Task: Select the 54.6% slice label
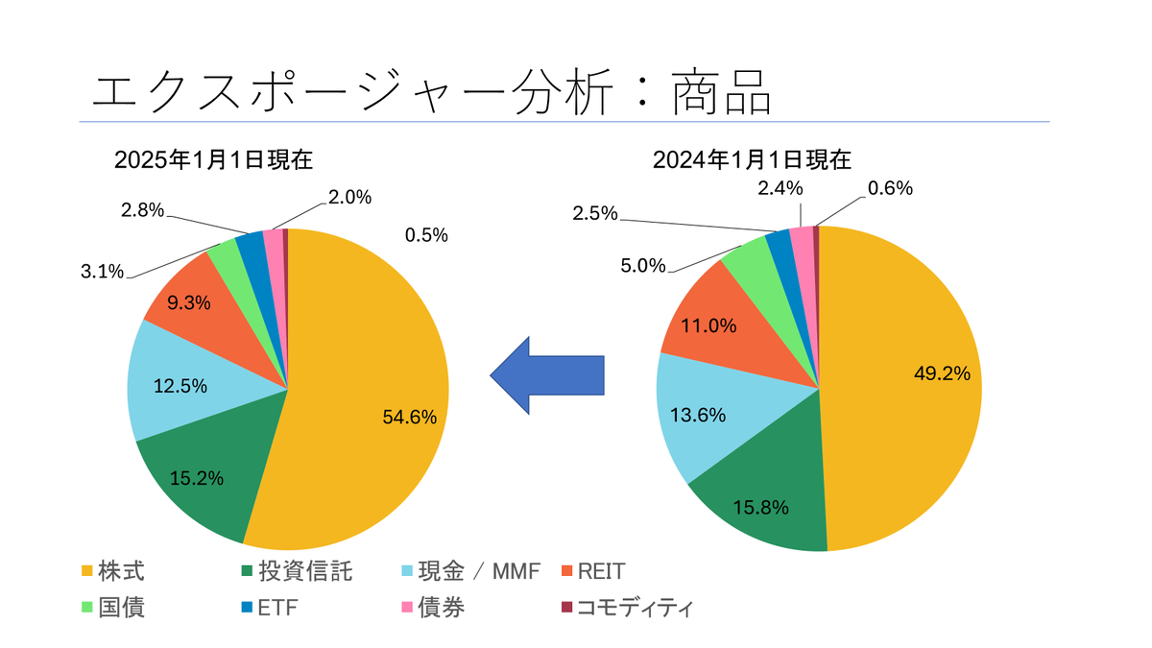pos(410,417)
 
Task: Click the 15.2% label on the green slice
pos(196,477)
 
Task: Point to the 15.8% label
pos(762,506)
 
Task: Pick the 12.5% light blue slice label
pos(180,386)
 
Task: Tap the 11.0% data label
pos(709,325)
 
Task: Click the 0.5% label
pos(426,235)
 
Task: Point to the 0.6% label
pos(890,188)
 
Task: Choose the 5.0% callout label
pos(642,265)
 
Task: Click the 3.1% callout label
pos(102,272)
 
